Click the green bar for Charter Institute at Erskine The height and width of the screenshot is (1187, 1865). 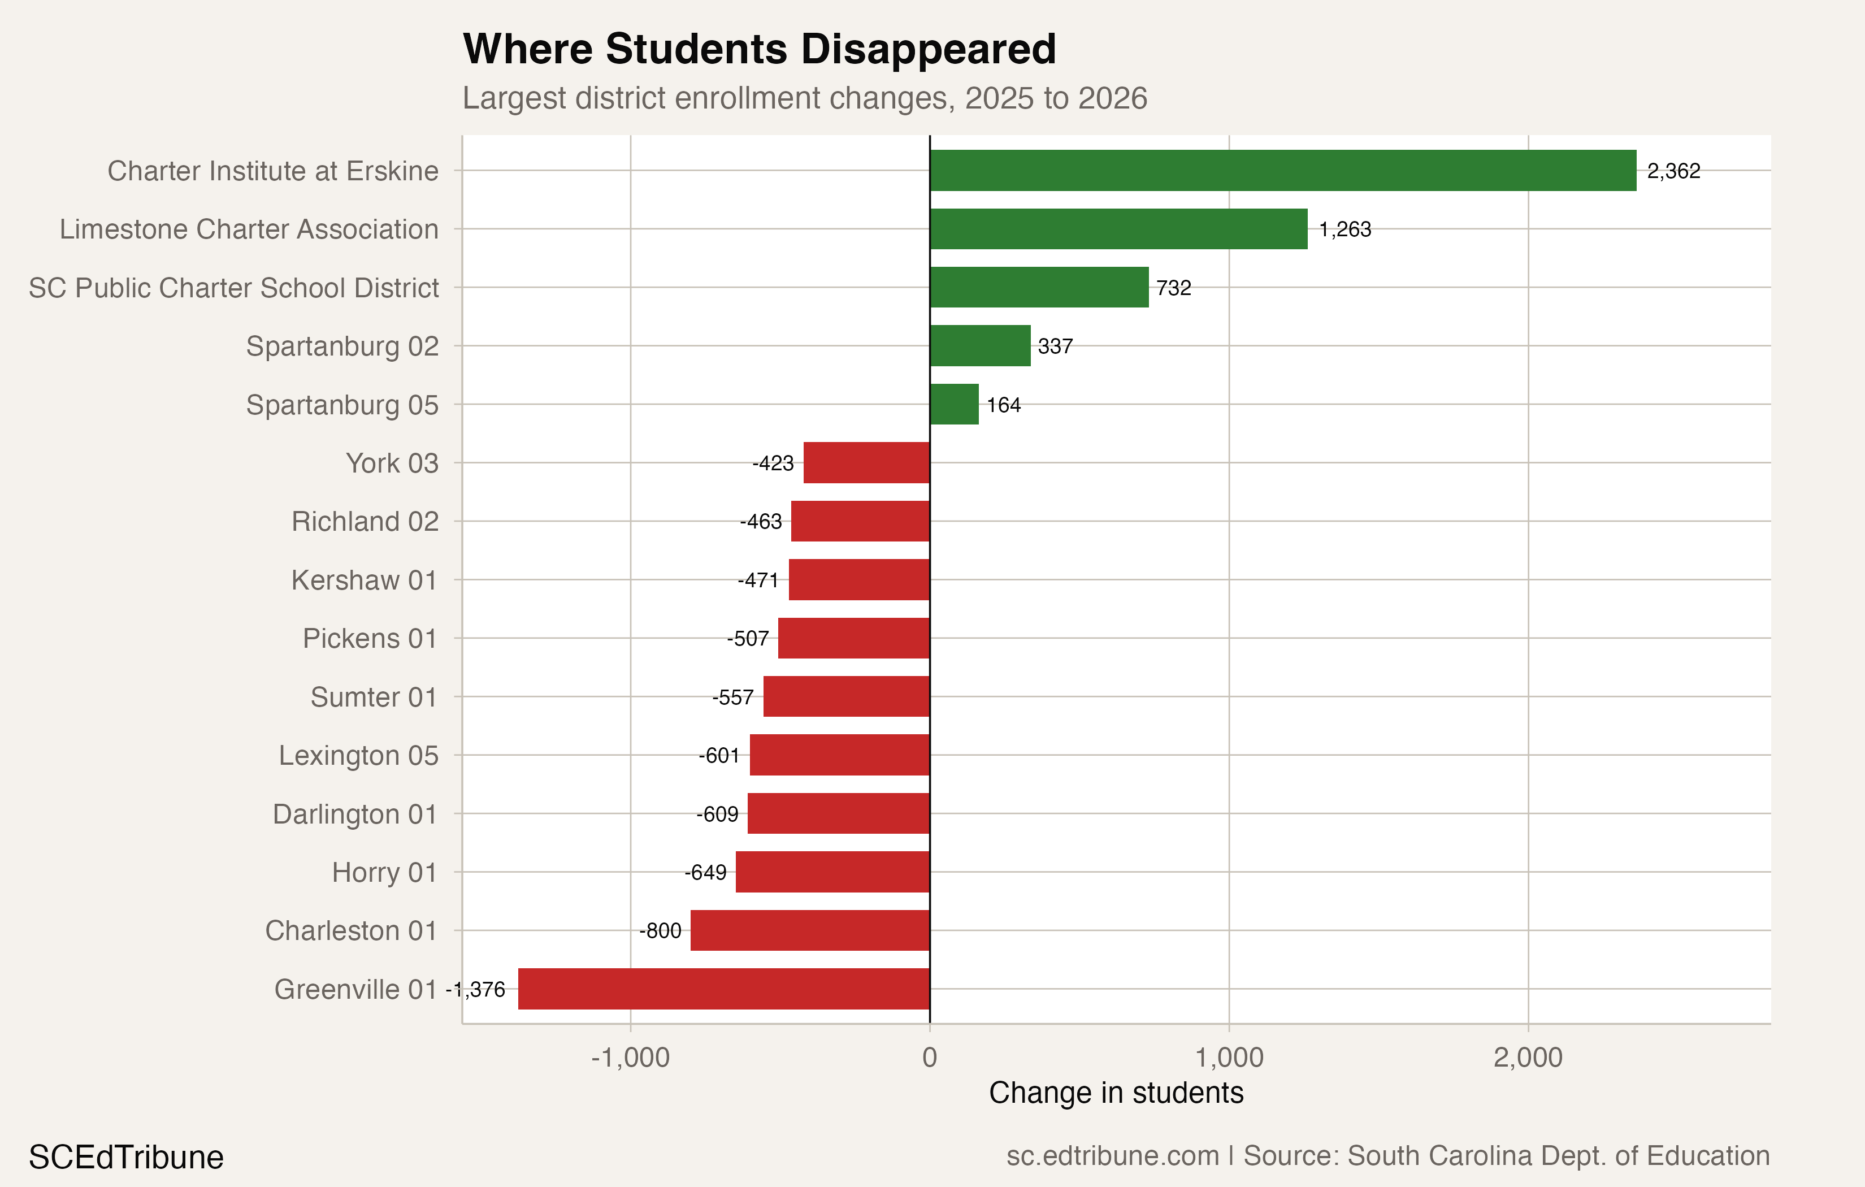[x=1282, y=171]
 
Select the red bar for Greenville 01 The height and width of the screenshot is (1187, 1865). [x=723, y=989]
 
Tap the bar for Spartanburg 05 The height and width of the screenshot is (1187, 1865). [x=954, y=405]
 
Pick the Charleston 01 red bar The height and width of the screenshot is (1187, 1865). [x=809, y=930]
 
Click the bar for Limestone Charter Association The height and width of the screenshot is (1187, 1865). [x=1118, y=229]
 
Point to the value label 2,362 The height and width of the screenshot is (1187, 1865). [x=1674, y=171]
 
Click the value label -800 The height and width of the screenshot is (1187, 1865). [x=660, y=930]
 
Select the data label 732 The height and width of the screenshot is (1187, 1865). [x=1173, y=288]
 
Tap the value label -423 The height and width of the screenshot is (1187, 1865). [x=773, y=463]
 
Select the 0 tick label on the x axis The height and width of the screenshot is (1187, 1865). [x=930, y=1058]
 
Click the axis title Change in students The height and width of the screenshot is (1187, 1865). [x=1116, y=1093]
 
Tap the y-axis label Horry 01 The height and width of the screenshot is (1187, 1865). [x=384, y=872]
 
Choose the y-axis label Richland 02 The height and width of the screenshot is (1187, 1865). [x=365, y=522]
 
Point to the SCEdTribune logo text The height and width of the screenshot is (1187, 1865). [x=126, y=1157]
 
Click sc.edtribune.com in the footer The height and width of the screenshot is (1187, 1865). [x=1112, y=1155]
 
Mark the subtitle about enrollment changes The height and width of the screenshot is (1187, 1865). [x=805, y=98]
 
